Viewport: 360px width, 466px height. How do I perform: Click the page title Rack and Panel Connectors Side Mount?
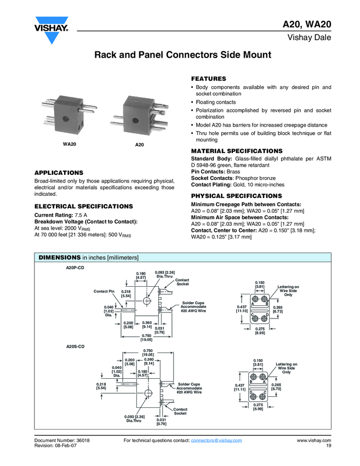(x=183, y=55)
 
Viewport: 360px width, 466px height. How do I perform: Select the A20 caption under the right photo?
(x=139, y=144)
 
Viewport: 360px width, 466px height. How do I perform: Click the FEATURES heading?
(x=208, y=79)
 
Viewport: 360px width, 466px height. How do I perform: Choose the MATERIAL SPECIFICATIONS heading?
(x=237, y=151)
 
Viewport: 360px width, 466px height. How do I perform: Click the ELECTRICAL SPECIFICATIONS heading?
(x=83, y=206)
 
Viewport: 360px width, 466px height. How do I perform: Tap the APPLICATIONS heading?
(x=59, y=173)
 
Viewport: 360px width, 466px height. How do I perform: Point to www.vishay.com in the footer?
(x=314, y=440)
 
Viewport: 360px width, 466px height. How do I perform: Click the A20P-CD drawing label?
(x=75, y=267)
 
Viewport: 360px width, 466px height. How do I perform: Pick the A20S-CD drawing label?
(x=75, y=346)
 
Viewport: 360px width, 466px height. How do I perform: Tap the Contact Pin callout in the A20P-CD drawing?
(x=104, y=291)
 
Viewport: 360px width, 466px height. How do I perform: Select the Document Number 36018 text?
(x=62, y=440)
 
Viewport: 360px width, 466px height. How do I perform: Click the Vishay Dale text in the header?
(x=310, y=37)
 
